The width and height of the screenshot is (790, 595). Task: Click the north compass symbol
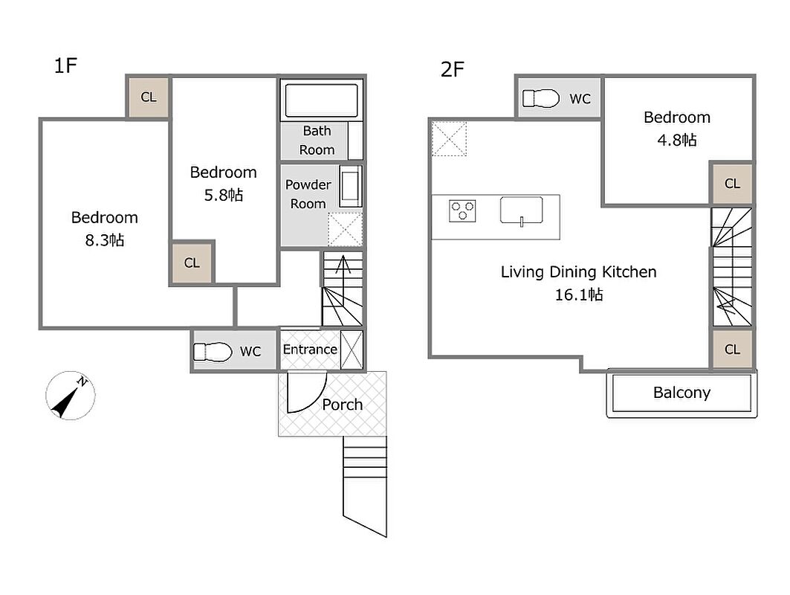click(70, 396)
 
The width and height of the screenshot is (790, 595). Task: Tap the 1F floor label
click(65, 65)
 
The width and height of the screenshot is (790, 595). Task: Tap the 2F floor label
click(452, 70)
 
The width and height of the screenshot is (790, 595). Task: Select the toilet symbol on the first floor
click(213, 352)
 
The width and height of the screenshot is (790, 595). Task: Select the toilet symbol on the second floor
click(540, 98)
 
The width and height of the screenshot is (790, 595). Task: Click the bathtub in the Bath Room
click(322, 100)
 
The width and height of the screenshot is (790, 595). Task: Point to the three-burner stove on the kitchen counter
click(462, 210)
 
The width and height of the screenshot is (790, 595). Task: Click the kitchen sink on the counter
click(522, 210)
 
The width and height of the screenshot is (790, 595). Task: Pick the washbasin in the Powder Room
click(350, 187)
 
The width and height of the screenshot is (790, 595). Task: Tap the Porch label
click(342, 405)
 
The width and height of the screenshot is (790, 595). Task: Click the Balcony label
click(681, 392)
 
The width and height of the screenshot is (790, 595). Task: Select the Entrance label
click(310, 350)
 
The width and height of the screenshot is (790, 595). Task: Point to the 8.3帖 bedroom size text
click(104, 240)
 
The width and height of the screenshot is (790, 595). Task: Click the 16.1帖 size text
click(579, 295)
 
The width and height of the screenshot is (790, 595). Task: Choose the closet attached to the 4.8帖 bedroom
click(732, 183)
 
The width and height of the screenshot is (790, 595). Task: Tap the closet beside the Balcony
click(732, 349)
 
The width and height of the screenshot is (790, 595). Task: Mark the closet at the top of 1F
click(148, 97)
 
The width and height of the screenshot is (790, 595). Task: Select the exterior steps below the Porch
click(365, 486)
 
